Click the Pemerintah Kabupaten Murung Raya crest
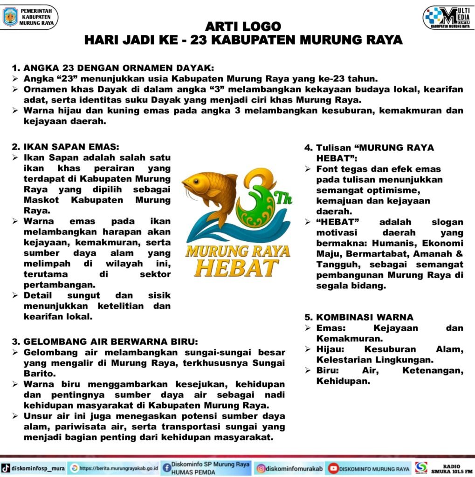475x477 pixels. (x=10, y=17)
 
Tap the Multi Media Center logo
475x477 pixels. (x=448, y=18)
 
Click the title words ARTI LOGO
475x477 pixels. (x=243, y=26)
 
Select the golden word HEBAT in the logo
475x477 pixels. (x=237, y=267)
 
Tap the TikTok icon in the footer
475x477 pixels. (x=6, y=468)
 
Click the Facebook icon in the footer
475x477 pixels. (x=166, y=468)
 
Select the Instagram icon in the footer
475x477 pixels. (x=262, y=468)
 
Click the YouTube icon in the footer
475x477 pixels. (x=333, y=468)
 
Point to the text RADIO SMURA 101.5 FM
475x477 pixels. (x=451, y=468)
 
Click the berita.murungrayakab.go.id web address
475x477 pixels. (x=118, y=468)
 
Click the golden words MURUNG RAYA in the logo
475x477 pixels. (x=238, y=252)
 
